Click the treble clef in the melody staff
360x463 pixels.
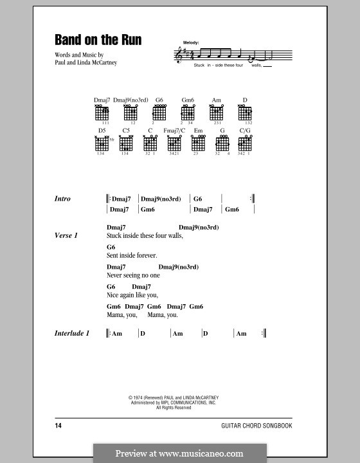179,57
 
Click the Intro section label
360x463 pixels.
63,199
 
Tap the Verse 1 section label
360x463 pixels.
66,236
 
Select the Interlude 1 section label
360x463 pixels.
71,333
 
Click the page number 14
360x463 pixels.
59,426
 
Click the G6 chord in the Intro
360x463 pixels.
197,199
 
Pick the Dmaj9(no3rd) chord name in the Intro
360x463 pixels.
161,199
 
